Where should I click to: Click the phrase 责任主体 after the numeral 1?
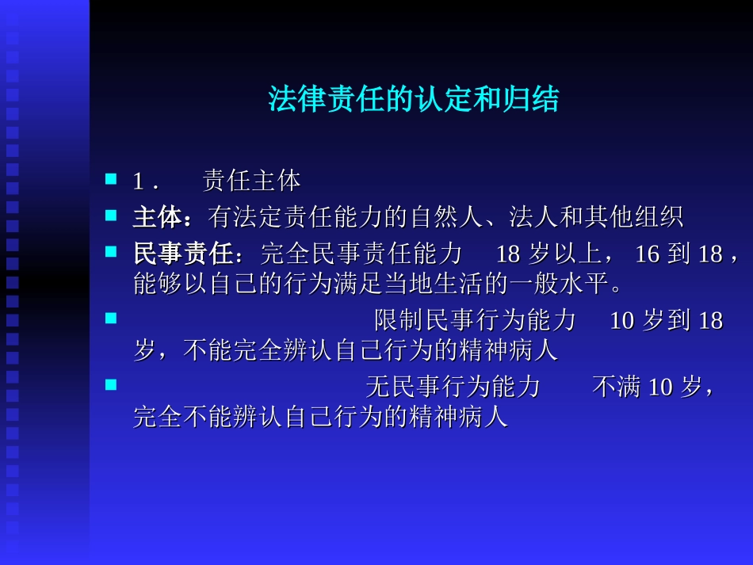251,181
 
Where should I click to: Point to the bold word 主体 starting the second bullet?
156,216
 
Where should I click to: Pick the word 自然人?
454,216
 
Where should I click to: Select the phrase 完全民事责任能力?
361,254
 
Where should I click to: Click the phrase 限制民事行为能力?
475,321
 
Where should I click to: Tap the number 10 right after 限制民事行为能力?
622,321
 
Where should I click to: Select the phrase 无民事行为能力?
453,387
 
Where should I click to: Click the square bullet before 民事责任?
111,252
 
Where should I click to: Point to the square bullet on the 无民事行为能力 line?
111,385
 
